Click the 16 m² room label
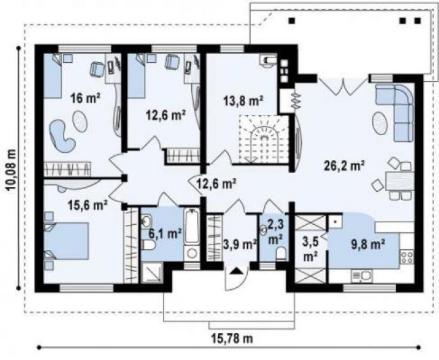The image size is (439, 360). (x=85, y=98)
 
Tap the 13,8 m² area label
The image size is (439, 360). (x=243, y=101)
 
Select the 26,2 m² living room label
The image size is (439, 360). (x=344, y=165)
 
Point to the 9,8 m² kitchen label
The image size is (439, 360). (x=367, y=245)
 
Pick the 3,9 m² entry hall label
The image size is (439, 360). (x=240, y=245)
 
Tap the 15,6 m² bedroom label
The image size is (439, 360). (x=88, y=205)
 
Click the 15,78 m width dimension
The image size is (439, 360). (x=232, y=338)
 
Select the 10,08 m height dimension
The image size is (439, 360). (x=11, y=170)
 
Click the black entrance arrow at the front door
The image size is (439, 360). (x=236, y=271)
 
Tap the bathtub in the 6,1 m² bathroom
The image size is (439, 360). (x=192, y=226)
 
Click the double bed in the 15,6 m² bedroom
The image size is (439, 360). (x=66, y=241)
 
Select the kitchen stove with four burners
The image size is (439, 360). (x=407, y=257)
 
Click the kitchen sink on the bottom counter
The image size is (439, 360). (x=361, y=276)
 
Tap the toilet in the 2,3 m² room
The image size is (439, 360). (x=281, y=253)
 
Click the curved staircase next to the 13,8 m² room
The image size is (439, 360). (x=263, y=139)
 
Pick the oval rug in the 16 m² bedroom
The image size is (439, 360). (x=80, y=121)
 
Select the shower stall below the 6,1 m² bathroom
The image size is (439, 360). (x=152, y=273)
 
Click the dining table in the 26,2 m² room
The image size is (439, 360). (x=400, y=181)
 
